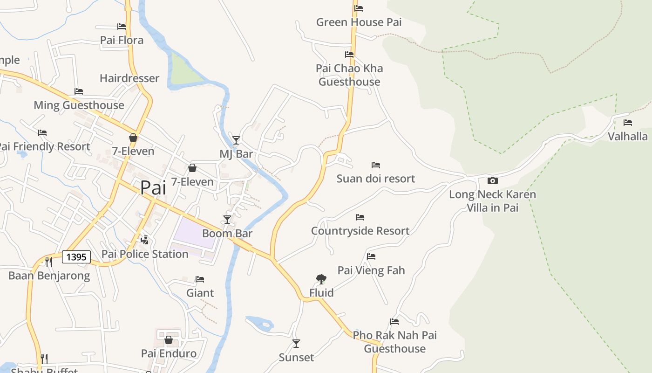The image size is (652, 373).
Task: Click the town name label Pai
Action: [x=153, y=187]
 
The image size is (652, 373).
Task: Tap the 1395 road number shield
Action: [x=76, y=257]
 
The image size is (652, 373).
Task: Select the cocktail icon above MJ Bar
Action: [x=236, y=140]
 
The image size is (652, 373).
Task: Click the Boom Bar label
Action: [x=227, y=233]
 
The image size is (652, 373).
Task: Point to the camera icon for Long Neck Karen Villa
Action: [x=492, y=180]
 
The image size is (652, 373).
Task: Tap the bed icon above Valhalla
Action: [x=628, y=123]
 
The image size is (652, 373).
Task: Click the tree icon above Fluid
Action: [x=321, y=279]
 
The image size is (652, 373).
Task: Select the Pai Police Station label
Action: [x=145, y=254]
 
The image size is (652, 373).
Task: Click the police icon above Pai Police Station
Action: [x=145, y=240]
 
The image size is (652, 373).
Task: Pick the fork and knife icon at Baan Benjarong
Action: [x=48, y=262]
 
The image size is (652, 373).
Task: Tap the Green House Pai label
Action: [x=359, y=22]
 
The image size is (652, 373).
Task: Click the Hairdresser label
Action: [x=129, y=78]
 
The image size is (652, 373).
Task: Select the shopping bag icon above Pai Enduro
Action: [x=169, y=340]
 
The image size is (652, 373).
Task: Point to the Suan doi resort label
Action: [x=375, y=179]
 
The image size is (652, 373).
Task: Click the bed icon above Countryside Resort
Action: [x=360, y=217]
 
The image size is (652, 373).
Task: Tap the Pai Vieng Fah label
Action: [x=371, y=270]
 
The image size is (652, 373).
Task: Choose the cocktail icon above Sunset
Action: [x=296, y=344]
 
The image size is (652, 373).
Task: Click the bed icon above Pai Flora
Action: [x=122, y=27]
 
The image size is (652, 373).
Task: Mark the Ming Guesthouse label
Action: [x=79, y=105]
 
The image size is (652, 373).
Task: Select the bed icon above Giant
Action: [x=200, y=279]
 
